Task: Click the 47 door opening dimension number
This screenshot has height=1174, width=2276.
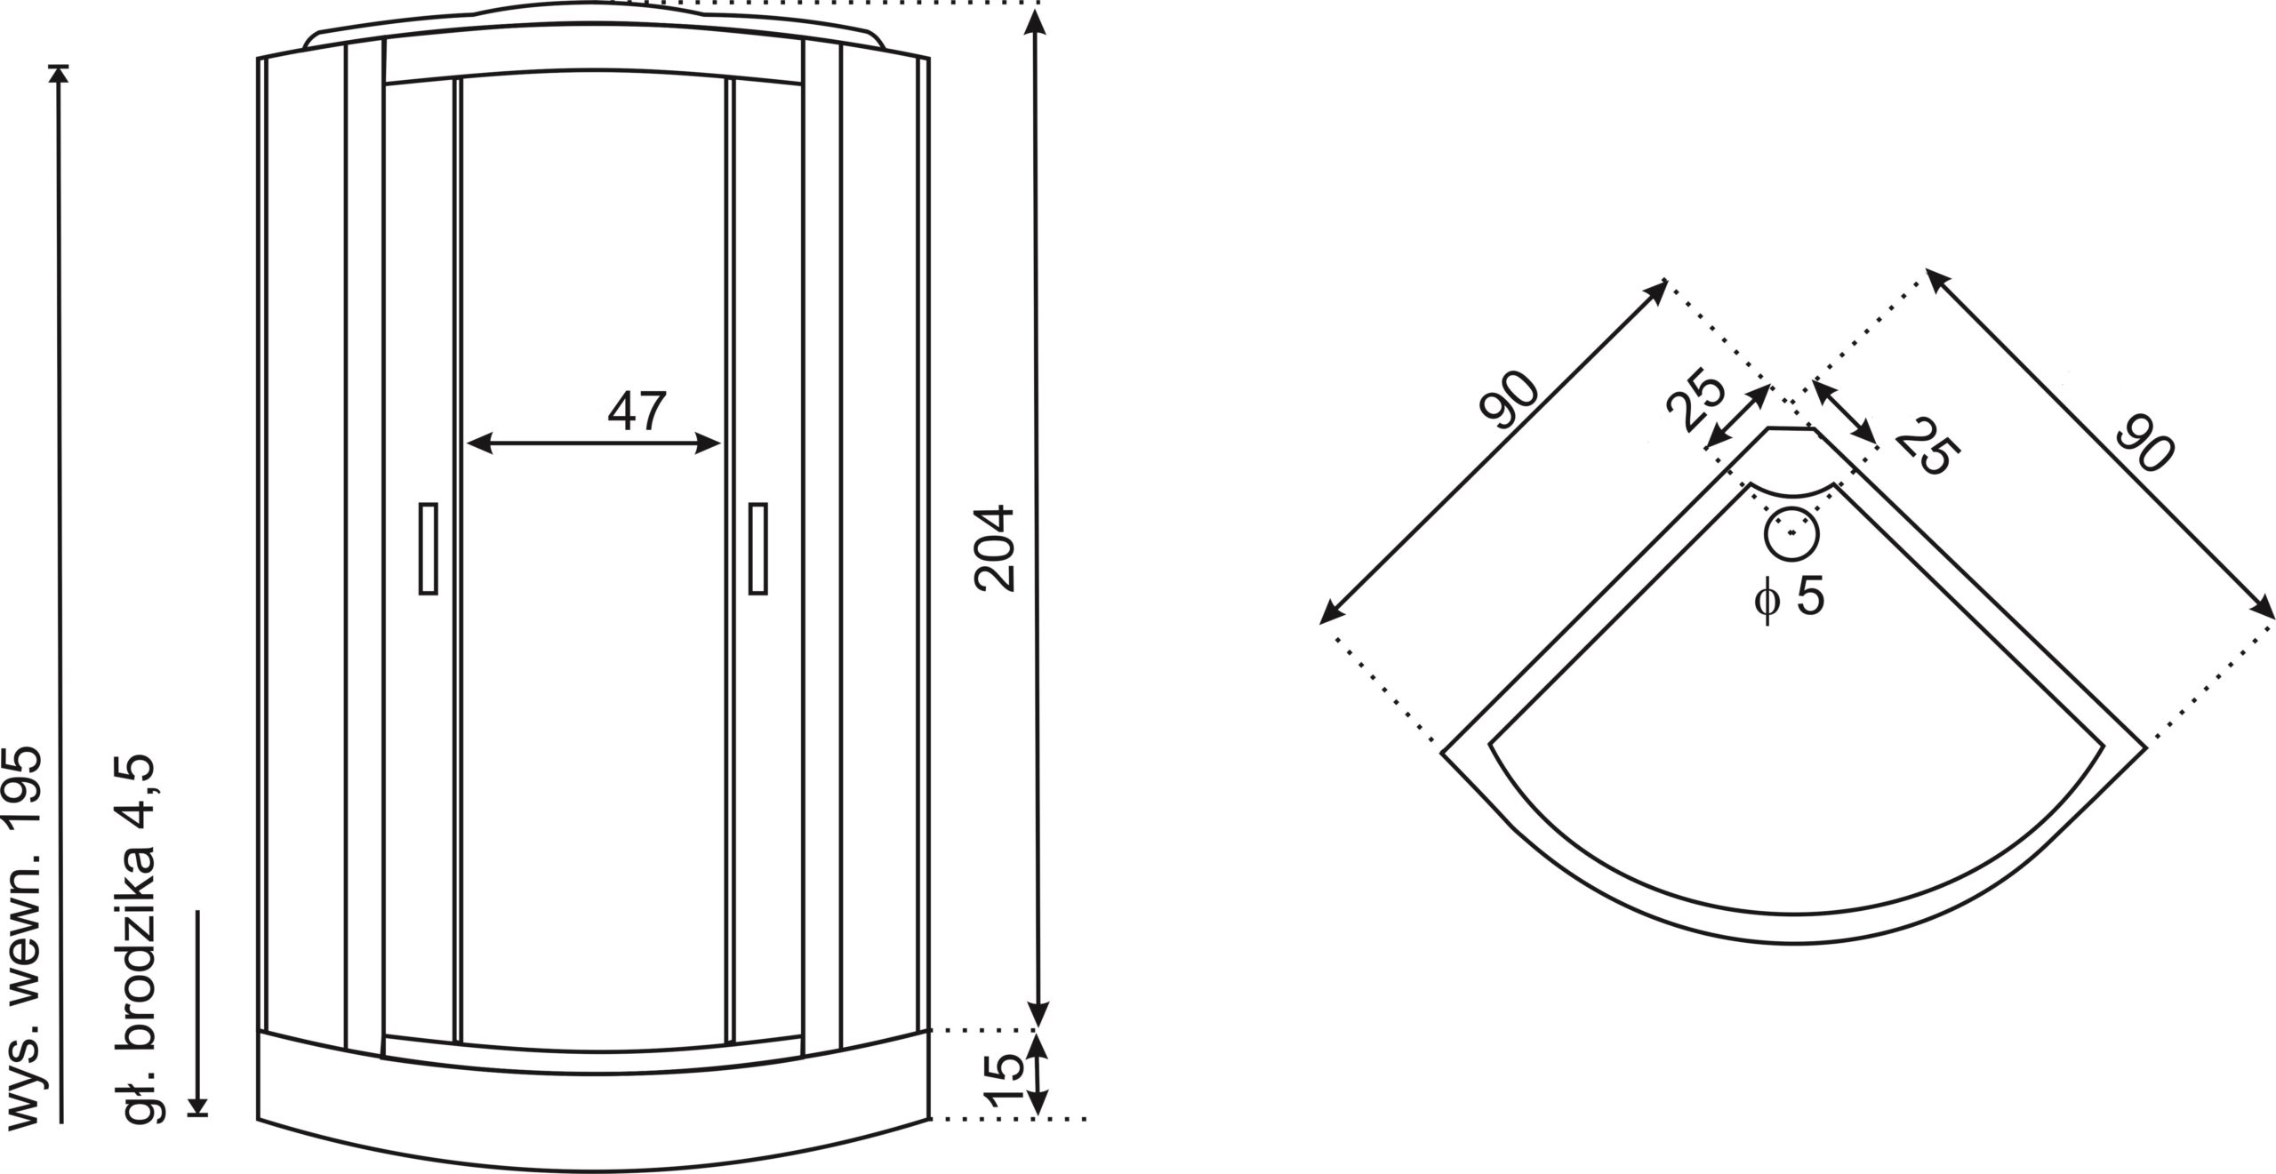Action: [x=637, y=411]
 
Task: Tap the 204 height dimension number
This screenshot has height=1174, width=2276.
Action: [x=994, y=547]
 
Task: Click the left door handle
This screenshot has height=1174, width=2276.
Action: [x=428, y=548]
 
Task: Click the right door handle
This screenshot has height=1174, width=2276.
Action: [x=758, y=548]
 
